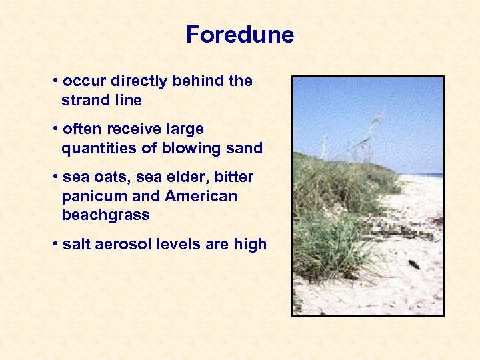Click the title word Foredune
coord(240,35)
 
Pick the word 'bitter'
coord(234,177)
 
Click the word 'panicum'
coord(88,197)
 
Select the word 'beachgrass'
coord(105,216)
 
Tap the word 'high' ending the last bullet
coord(250,245)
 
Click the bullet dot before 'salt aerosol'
coord(54,245)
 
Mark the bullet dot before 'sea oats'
coord(54,177)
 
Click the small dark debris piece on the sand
coord(413,264)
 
